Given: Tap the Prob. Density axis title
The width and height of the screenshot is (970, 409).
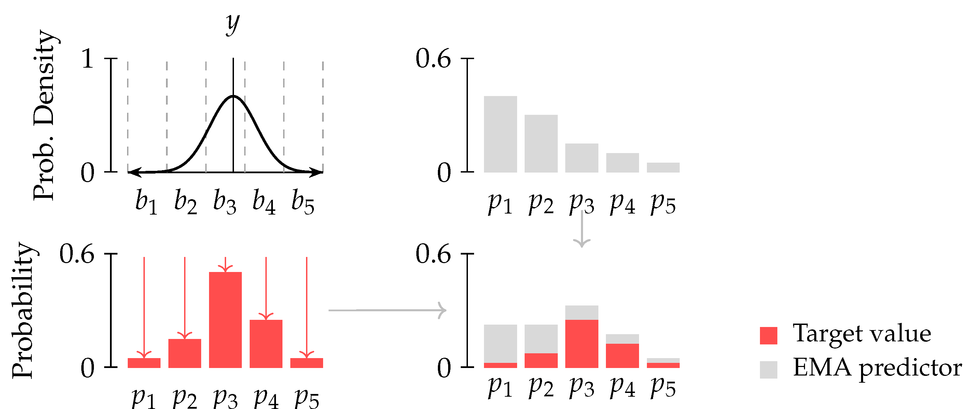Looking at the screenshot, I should [x=44, y=115].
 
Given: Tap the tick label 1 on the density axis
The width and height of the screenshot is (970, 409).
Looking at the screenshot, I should [x=87, y=59].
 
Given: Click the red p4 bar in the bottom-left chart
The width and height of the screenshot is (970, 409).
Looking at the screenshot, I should [x=266, y=343].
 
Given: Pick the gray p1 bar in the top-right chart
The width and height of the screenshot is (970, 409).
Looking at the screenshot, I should [x=500, y=134].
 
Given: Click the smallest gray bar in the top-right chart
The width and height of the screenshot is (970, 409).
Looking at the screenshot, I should [x=663, y=167].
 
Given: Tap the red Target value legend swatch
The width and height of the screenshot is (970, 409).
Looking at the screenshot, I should [x=768, y=335].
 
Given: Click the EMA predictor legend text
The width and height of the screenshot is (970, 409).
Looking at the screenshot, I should [x=877, y=368].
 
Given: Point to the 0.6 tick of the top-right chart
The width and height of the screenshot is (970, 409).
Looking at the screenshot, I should [x=433, y=59].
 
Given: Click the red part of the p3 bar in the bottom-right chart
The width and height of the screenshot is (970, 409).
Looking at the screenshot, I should [x=581, y=343].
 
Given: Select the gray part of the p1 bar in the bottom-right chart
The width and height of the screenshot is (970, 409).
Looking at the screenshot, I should [x=500, y=343].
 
